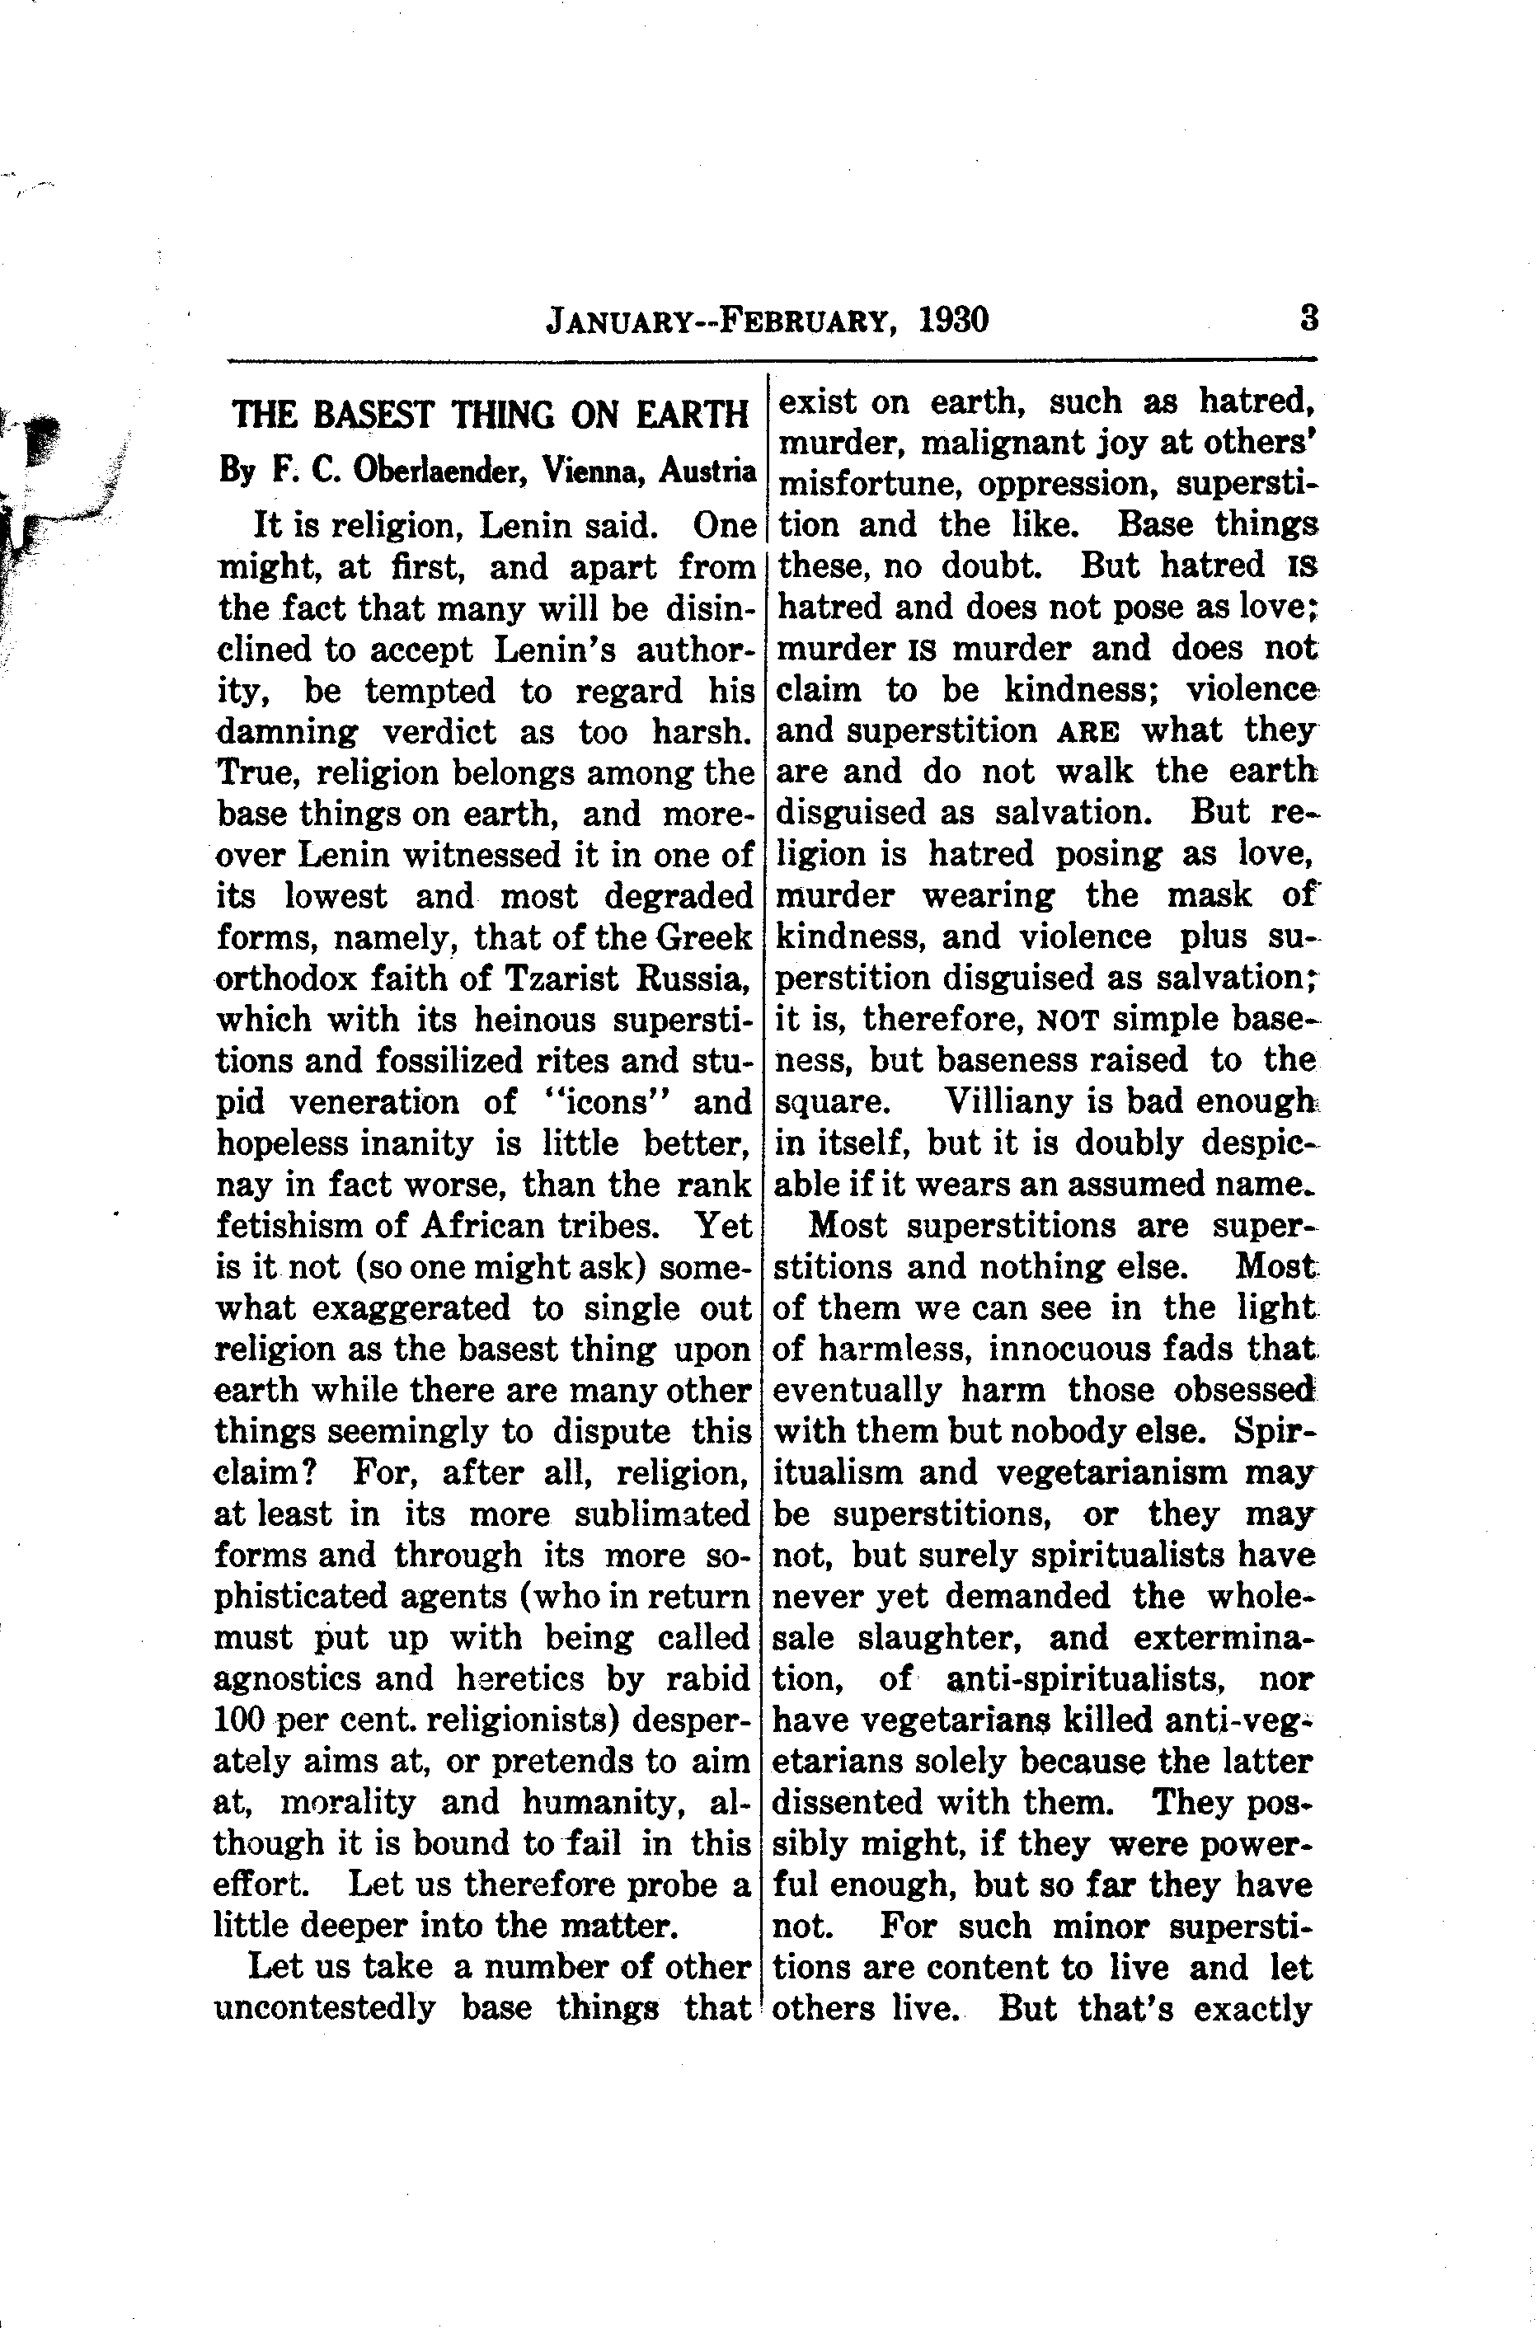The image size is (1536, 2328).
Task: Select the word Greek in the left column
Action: (703, 937)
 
